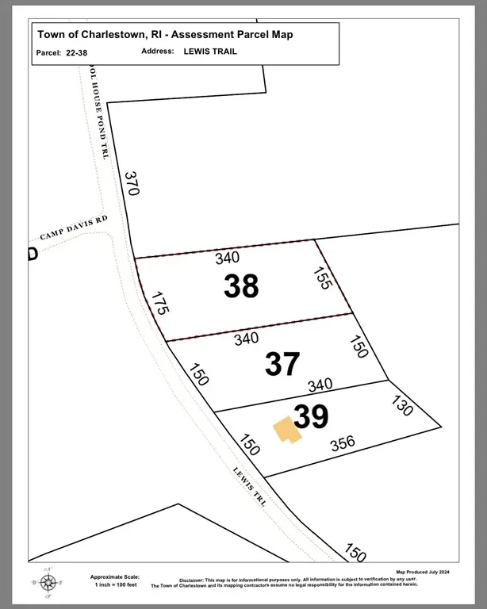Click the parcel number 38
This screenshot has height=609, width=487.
point(241,286)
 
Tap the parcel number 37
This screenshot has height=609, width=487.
point(282,364)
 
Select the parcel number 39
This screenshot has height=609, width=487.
point(311,416)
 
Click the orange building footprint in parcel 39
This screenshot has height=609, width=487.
point(286,430)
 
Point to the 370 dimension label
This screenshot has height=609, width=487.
point(132,184)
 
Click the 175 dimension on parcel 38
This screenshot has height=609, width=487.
point(159,304)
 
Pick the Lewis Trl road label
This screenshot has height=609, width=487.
point(247,485)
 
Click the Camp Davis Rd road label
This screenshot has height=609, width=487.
point(73,228)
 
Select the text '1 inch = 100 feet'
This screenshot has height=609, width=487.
point(115,584)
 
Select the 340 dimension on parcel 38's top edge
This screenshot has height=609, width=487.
point(228,258)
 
